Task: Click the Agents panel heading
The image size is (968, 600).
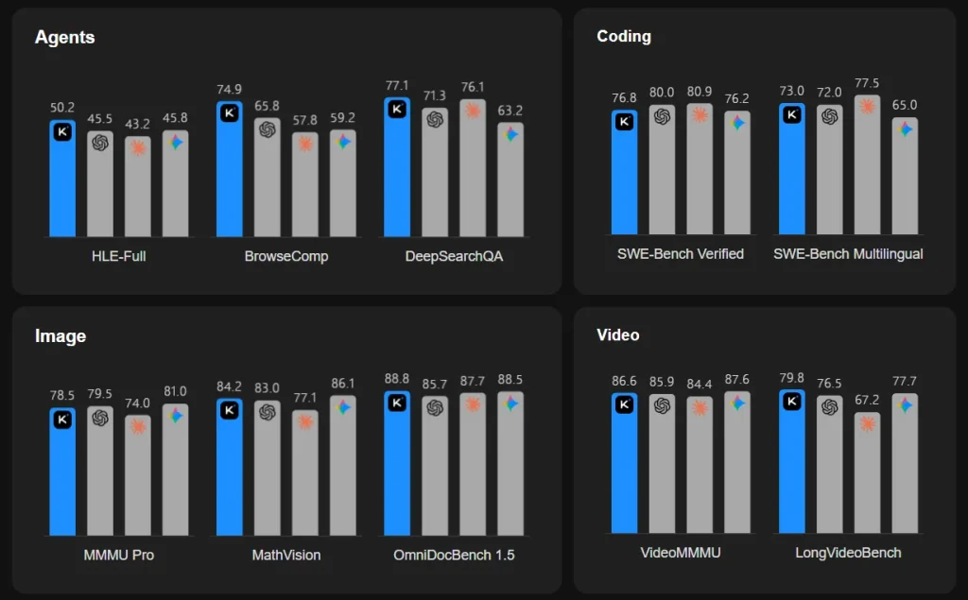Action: point(64,38)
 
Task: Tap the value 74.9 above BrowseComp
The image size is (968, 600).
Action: point(229,90)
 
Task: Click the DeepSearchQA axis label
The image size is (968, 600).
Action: point(454,256)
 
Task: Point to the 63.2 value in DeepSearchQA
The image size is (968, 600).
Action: point(510,111)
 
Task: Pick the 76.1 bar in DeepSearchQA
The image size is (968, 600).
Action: point(473,170)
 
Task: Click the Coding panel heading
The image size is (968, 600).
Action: point(624,37)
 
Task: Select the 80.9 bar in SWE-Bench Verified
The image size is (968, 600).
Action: point(700,170)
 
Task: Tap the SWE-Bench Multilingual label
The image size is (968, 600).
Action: point(848,254)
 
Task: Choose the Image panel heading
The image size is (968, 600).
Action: point(60,336)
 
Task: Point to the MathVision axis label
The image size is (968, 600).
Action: point(285,555)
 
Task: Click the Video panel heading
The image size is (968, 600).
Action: point(618,335)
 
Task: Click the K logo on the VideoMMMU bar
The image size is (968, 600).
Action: point(624,405)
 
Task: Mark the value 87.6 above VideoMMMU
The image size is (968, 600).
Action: point(736,381)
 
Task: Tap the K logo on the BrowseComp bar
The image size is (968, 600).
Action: point(229,113)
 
